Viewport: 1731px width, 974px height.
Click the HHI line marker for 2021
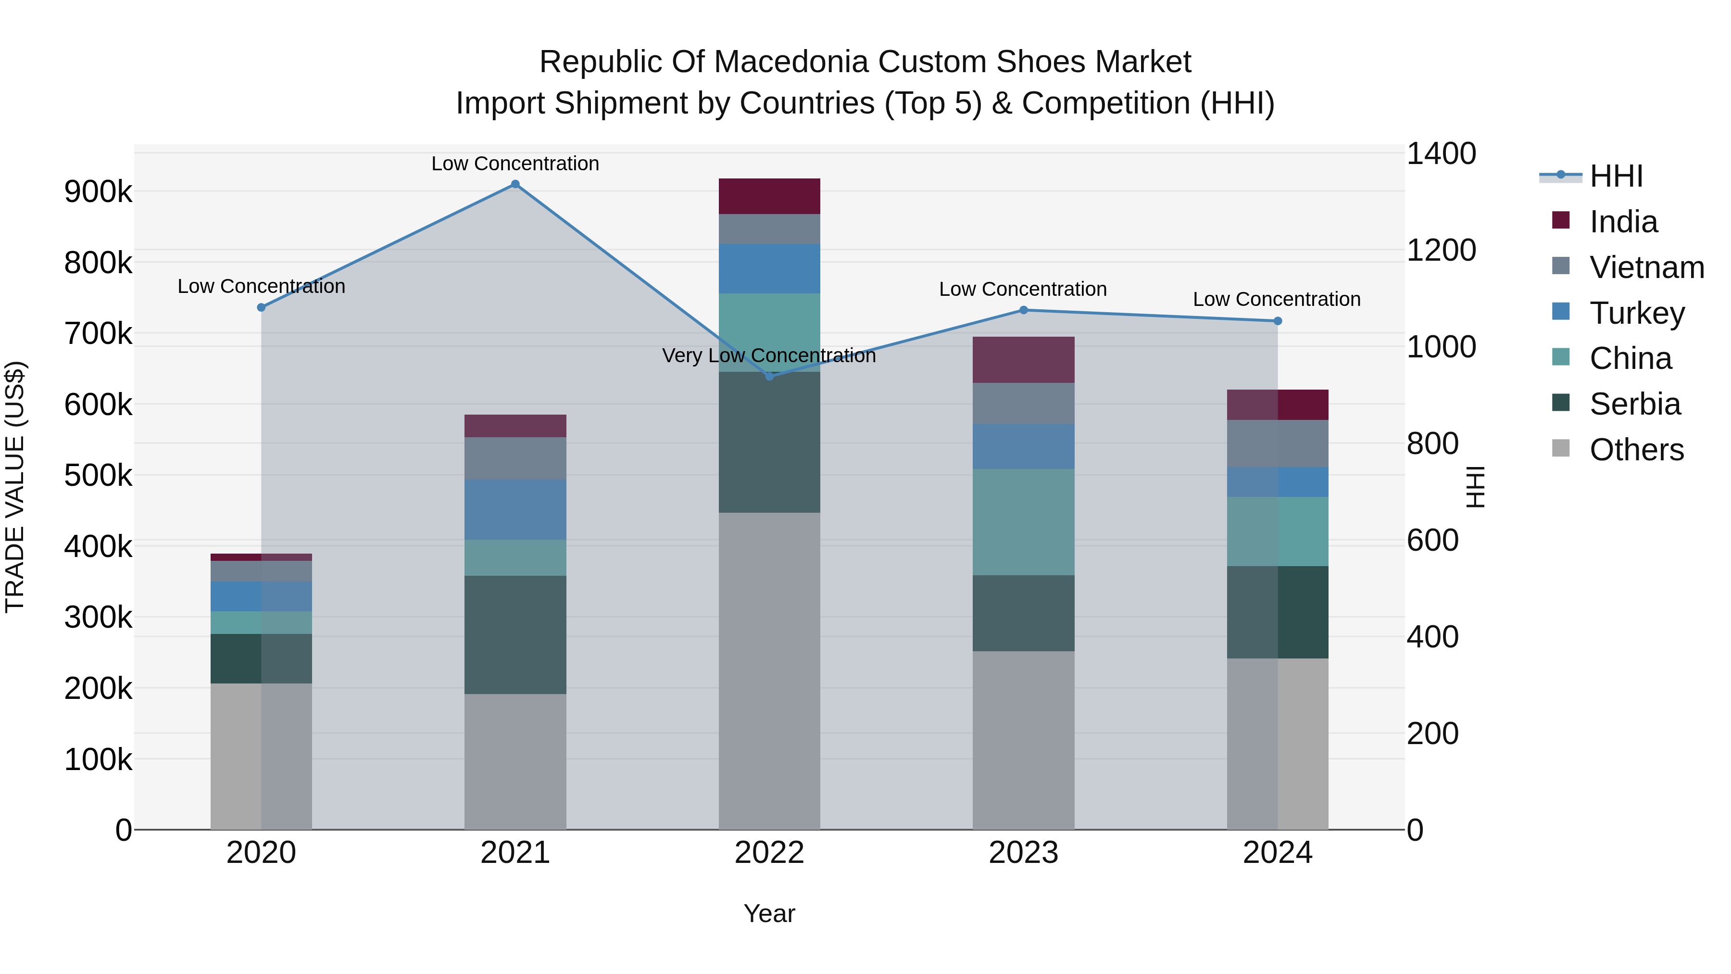pyautogui.click(x=515, y=184)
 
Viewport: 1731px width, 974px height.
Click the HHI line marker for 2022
pyautogui.click(x=769, y=377)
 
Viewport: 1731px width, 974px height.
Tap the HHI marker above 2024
pyautogui.click(x=1278, y=321)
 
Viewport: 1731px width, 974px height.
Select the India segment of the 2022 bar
pyautogui.click(x=769, y=196)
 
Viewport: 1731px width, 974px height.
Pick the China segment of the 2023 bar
pyautogui.click(x=1023, y=522)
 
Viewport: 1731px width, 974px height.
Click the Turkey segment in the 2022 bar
pyautogui.click(x=769, y=268)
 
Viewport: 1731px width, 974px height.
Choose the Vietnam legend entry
pyautogui.click(x=1646, y=267)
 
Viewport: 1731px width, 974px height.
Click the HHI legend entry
pyautogui.click(x=1616, y=176)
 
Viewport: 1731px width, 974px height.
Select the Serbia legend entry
pyautogui.click(x=1634, y=404)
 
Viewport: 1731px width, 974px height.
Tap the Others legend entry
pyautogui.click(x=1636, y=450)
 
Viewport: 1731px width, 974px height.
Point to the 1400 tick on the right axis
pyautogui.click(x=1442, y=153)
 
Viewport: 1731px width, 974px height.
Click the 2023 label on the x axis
pyautogui.click(x=1023, y=853)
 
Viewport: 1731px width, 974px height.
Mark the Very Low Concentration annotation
pyautogui.click(x=769, y=355)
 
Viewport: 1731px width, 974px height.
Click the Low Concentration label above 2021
pyautogui.click(x=515, y=164)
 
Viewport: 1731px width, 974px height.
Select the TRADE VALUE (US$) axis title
pyautogui.click(x=15, y=487)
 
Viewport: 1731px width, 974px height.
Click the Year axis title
pyautogui.click(x=769, y=913)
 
